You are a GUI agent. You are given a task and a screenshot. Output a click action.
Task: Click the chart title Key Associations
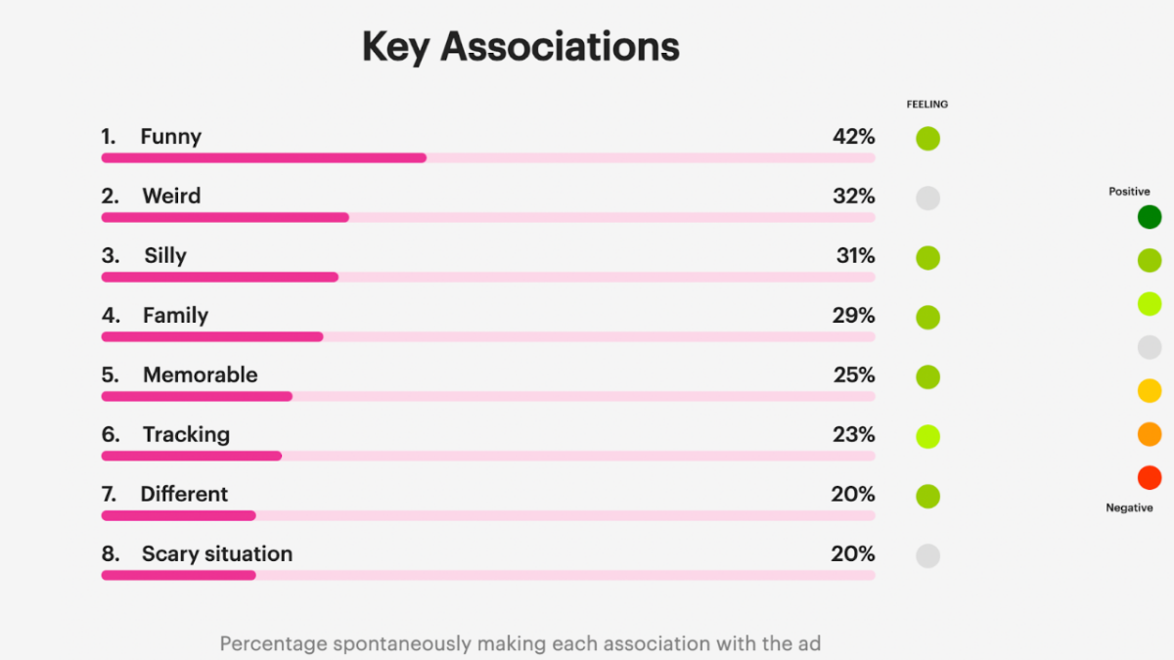[x=520, y=47]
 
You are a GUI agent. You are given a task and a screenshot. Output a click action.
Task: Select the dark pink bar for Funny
[x=264, y=157]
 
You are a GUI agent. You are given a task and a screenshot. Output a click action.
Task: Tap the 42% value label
[x=853, y=137]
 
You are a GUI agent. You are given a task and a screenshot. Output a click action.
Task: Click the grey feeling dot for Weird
[x=927, y=198]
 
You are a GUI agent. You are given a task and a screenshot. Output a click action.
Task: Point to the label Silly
[x=165, y=256]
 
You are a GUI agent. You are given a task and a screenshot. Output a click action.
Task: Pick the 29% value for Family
[x=853, y=316]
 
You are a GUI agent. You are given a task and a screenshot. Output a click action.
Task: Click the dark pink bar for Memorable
[x=197, y=396]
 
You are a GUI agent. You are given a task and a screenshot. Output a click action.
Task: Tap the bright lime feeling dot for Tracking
[x=927, y=437]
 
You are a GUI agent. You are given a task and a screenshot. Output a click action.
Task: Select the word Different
[x=184, y=495]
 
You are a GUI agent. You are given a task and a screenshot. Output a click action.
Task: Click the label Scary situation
[x=217, y=554]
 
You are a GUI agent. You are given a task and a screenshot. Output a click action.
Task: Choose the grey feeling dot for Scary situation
[x=927, y=556]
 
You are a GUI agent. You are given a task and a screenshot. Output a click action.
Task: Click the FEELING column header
[x=926, y=105]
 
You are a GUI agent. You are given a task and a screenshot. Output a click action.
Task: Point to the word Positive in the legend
[x=1129, y=192]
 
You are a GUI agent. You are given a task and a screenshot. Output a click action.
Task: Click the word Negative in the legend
[x=1129, y=507]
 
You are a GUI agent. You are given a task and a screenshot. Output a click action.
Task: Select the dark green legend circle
[x=1150, y=217]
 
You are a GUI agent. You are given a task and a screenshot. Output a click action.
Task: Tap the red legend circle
[x=1150, y=478]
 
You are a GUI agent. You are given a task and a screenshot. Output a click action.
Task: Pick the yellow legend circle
[x=1150, y=391]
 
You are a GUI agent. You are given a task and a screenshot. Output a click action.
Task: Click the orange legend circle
[x=1150, y=434]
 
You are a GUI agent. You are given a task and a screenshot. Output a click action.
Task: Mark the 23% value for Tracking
[x=853, y=435]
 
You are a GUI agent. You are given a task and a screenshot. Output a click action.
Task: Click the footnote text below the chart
[x=519, y=643]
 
